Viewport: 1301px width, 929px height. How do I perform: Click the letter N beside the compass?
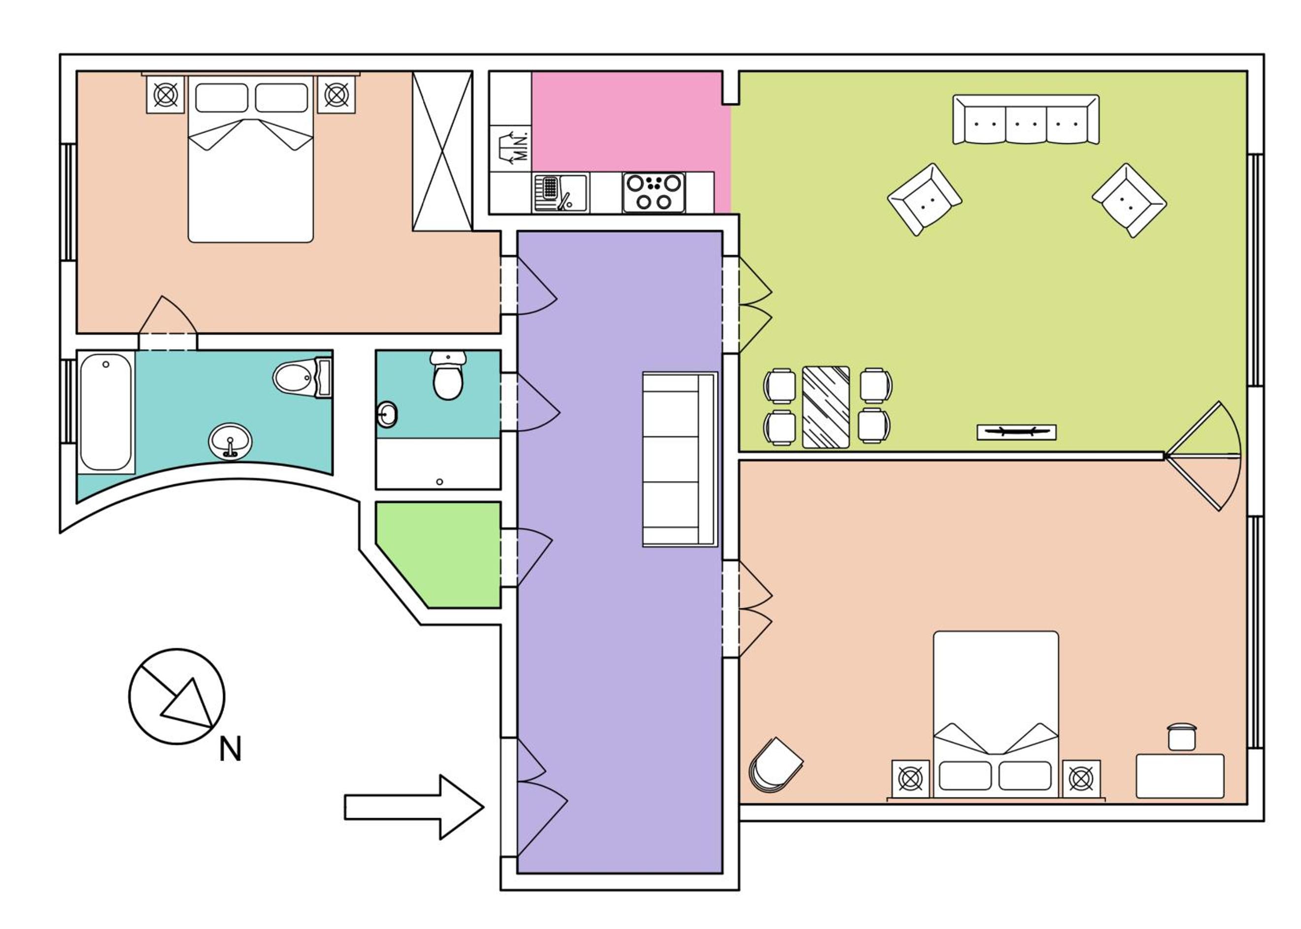[230, 748]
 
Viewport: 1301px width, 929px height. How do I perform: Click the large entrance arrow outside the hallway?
[414, 807]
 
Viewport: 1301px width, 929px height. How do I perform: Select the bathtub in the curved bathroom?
[106, 412]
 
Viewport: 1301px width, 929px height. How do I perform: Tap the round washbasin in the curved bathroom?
[230, 441]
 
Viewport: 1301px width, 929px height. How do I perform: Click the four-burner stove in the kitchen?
[654, 192]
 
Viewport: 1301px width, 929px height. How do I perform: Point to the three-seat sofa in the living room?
[1025, 120]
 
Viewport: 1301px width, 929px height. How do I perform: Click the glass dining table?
[826, 407]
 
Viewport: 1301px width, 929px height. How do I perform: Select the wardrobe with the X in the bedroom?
[442, 151]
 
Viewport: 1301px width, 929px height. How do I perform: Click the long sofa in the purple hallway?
[680, 460]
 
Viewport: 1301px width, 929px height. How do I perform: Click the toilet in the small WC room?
[448, 375]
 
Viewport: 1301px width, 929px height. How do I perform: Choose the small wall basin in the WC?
[387, 414]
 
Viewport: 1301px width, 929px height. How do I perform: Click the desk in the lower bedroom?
[1180, 776]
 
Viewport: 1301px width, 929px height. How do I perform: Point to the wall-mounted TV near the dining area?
[1016, 432]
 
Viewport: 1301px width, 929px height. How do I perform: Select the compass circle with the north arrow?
[177, 696]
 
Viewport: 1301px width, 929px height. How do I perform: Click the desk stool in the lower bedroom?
[1182, 737]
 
